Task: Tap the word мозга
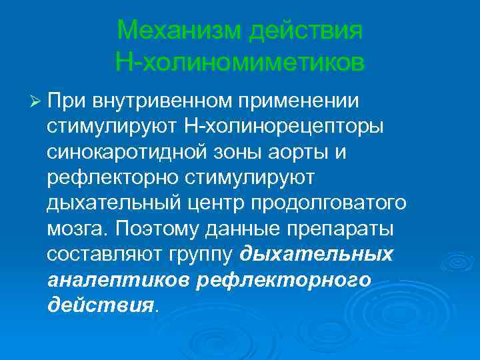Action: (x=75, y=229)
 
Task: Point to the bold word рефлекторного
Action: (x=284, y=280)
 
